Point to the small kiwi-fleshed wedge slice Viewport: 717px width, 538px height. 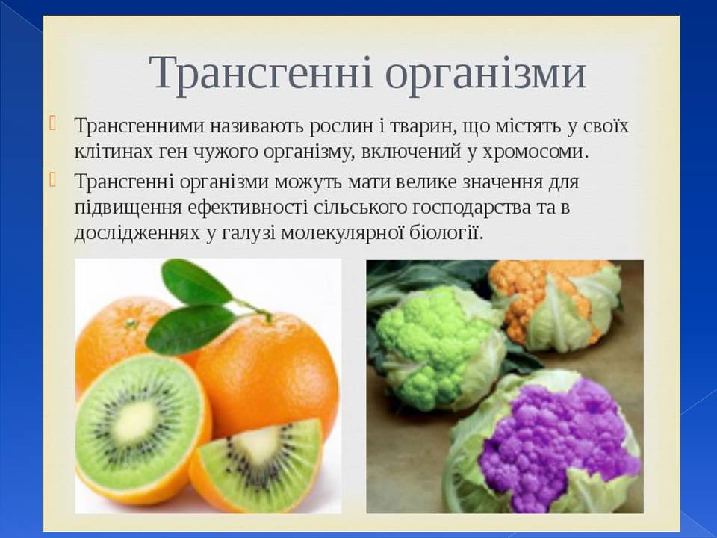click(265, 463)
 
